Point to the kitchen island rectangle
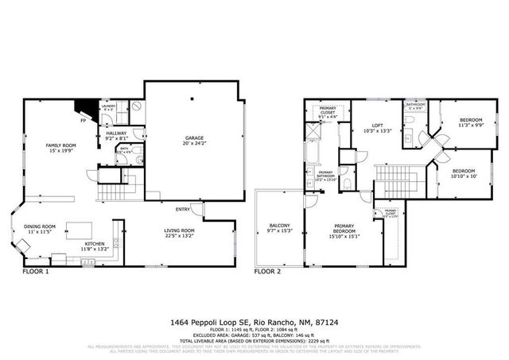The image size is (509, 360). [80, 228]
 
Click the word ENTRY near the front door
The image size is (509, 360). [183, 210]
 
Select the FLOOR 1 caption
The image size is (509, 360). [35, 271]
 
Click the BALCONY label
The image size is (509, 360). [279, 226]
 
